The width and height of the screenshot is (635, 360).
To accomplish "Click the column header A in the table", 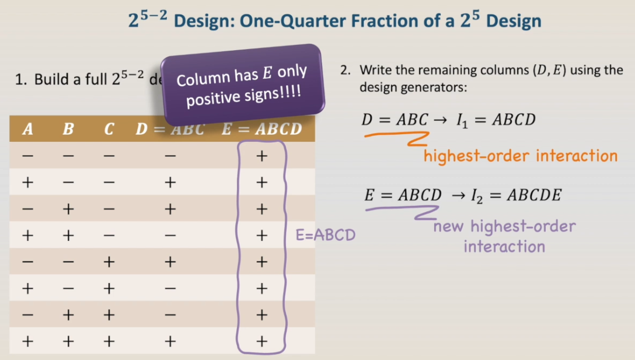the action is point(27,129).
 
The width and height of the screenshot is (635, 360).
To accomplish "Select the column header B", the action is point(68,129).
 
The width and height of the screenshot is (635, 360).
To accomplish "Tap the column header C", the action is point(109,129).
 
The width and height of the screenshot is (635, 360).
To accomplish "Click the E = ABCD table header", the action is point(261,129).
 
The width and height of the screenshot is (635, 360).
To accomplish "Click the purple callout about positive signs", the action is point(242,85).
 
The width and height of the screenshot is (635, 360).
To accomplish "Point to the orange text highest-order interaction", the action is point(521,156).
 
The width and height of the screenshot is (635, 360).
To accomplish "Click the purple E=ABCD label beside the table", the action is point(326,235).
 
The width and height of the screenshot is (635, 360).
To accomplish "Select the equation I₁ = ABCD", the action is point(496,120).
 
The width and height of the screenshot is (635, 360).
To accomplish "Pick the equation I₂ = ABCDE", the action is point(516,195).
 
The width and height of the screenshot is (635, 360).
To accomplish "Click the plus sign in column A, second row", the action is point(27,182).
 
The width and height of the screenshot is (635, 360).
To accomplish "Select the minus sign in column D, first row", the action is point(170,156).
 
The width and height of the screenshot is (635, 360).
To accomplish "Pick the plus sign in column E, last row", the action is point(261,341).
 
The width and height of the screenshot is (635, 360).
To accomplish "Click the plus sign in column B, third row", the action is point(68,209).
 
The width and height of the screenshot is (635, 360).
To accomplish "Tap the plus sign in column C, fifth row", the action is point(109,262).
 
